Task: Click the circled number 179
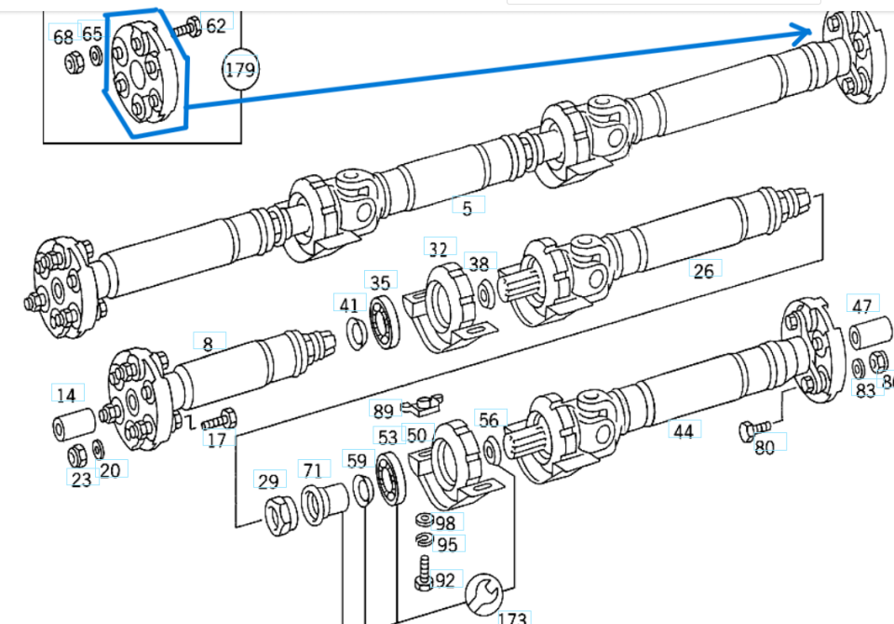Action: point(240,68)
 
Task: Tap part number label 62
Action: point(216,25)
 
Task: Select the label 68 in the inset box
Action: point(63,37)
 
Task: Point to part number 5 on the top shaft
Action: point(467,208)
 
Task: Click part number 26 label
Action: point(704,270)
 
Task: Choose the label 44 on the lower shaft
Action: point(684,430)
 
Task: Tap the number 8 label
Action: point(208,343)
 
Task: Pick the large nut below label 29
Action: point(280,515)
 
